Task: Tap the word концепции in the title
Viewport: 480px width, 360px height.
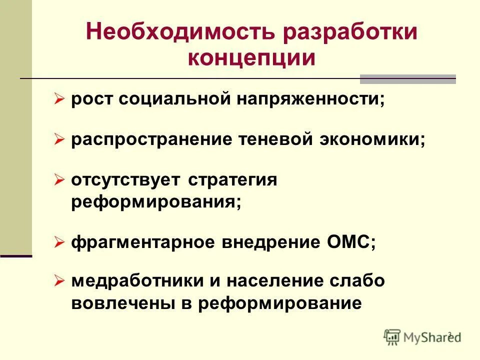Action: click(251, 57)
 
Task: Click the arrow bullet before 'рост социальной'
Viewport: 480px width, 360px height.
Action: click(60, 99)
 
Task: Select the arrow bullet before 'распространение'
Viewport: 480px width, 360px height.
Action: click(60, 140)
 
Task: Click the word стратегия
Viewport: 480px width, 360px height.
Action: click(232, 180)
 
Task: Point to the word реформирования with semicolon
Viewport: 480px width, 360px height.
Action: click(156, 202)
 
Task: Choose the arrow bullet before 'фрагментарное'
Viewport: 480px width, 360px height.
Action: click(60, 243)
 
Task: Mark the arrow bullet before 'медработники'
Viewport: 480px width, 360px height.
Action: click(60, 281)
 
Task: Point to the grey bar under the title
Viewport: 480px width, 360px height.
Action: click(407, 79)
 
